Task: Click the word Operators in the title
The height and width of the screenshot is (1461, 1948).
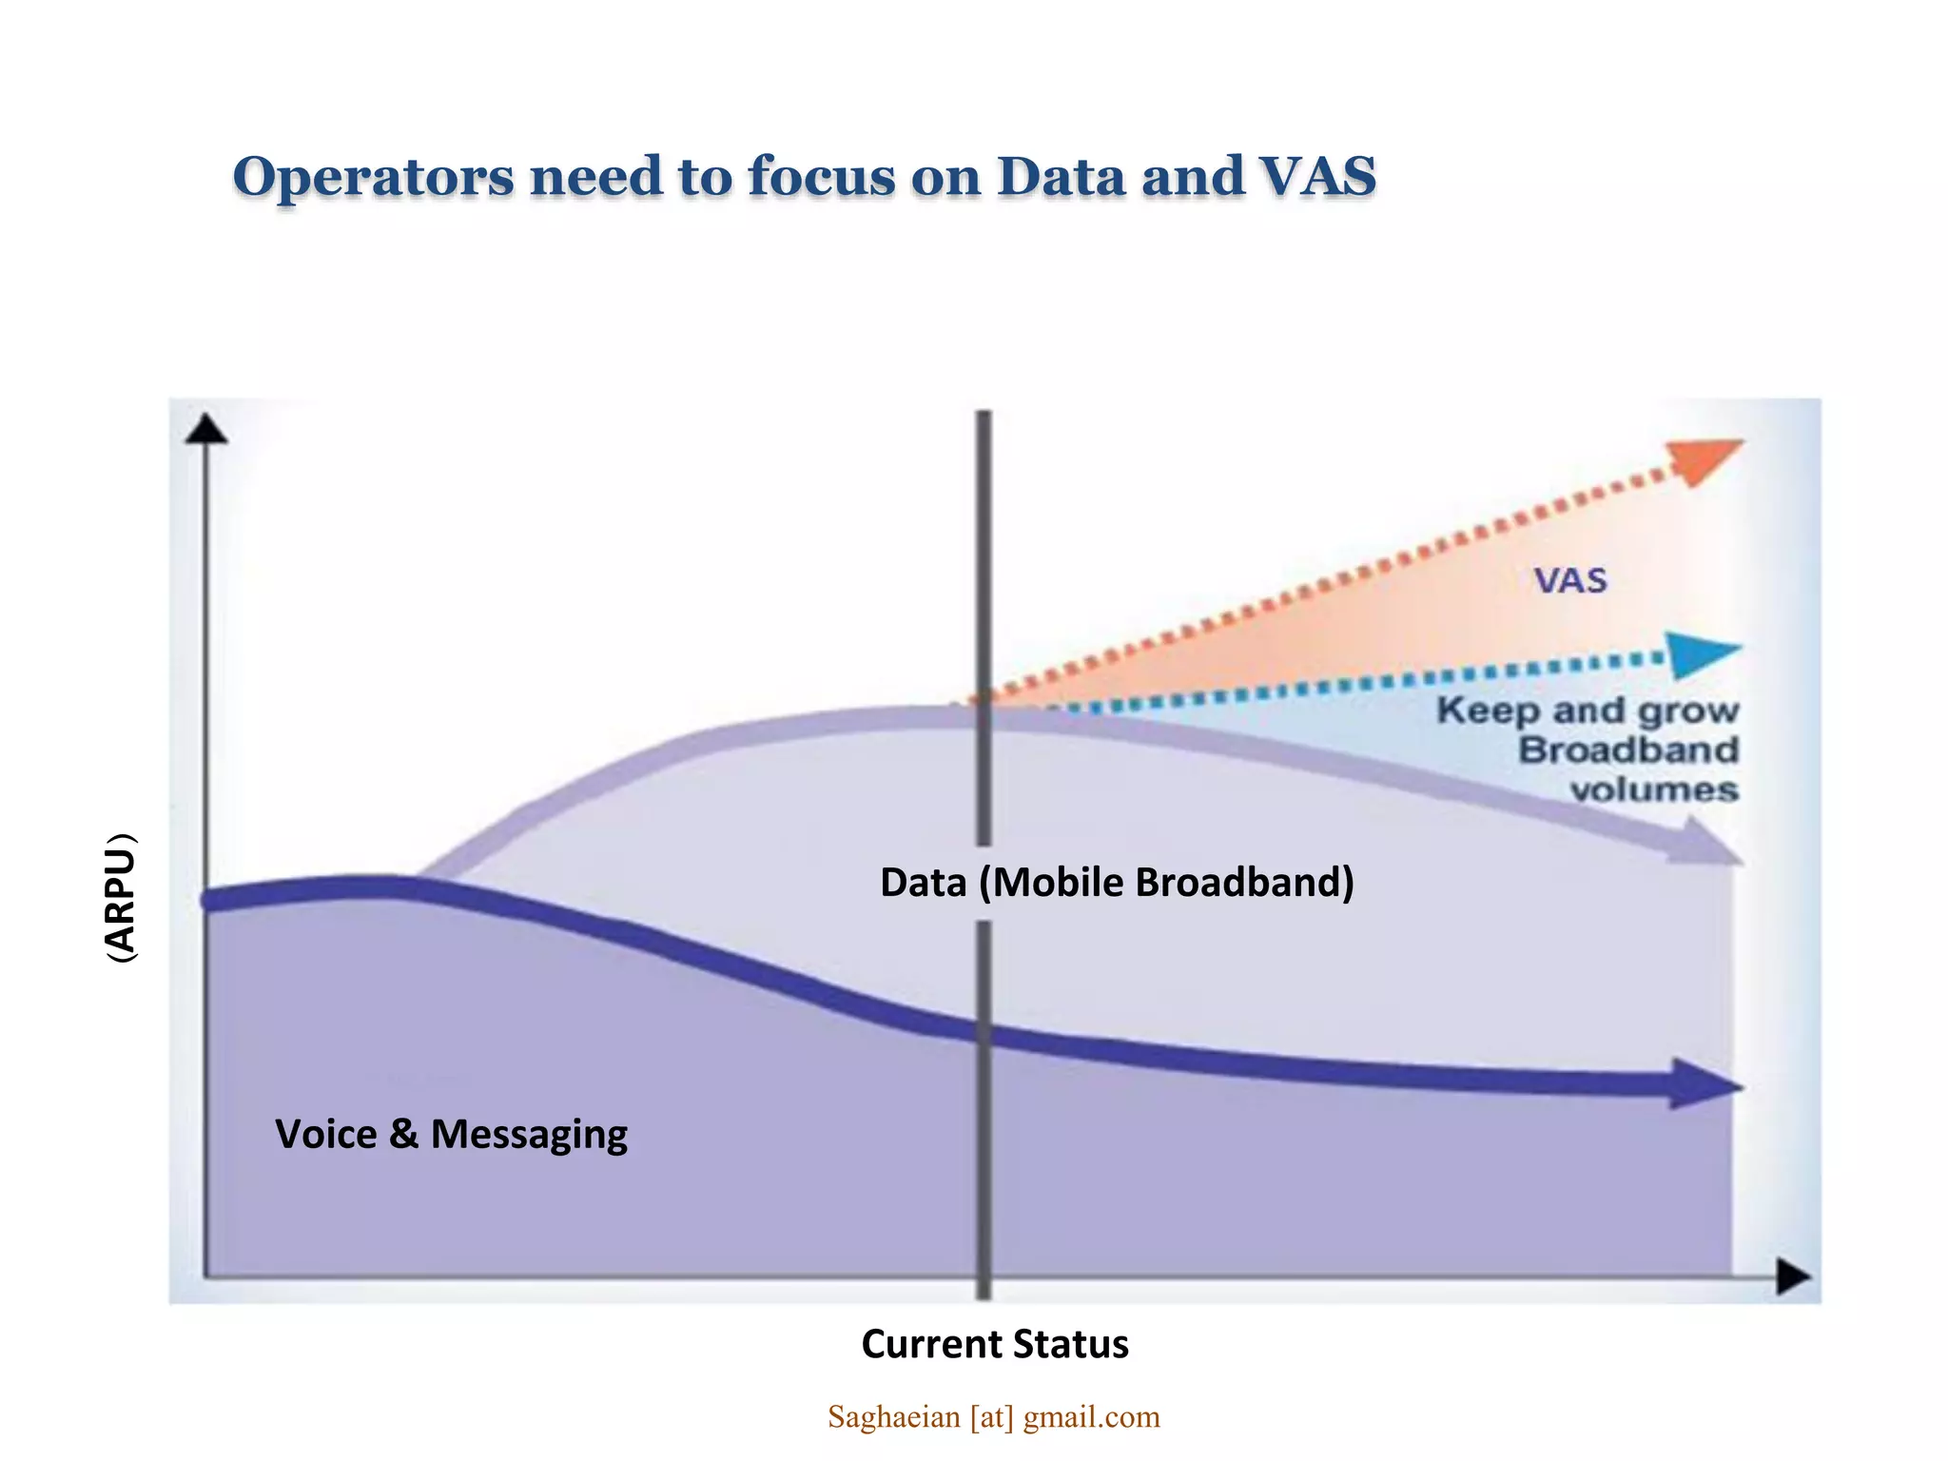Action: (x=373, y=178)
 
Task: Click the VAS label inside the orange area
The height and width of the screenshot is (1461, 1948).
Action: (x=1570, y=580)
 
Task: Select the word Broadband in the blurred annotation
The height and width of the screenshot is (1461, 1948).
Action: (x=1628, y=750)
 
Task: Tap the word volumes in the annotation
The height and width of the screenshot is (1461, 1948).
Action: (x=1653, y=789)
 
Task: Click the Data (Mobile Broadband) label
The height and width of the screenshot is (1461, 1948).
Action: (x=1117, y=883)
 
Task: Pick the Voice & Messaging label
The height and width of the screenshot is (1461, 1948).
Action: (x=451, y=1135)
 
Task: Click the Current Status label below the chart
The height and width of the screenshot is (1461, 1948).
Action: (x=994, y=1344)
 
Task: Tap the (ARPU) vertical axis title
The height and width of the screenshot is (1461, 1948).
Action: (x=121, y=899)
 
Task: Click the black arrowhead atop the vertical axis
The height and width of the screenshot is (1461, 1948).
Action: (x=206, y=430)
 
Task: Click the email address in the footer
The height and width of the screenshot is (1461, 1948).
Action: (x=994, y=1417)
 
